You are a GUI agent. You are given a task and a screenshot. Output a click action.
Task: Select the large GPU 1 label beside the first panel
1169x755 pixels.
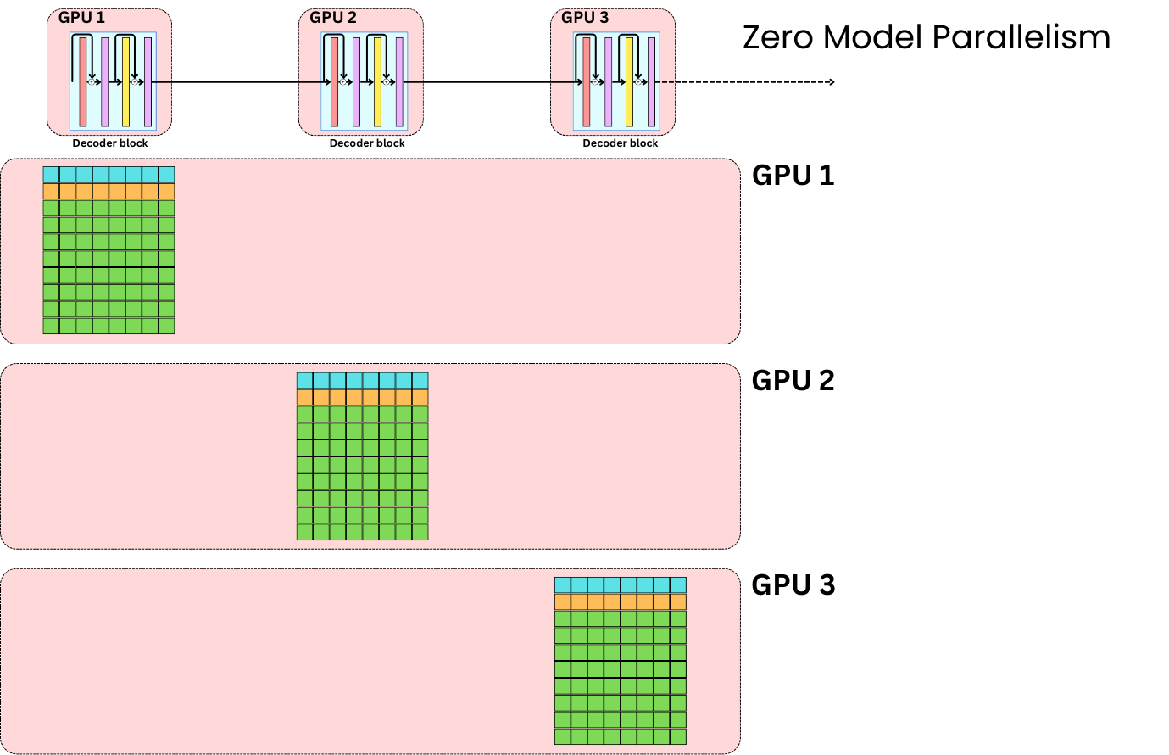click(x=793, y=176)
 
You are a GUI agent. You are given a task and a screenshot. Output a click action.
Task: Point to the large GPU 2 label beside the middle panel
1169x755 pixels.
click(x=793, y=381)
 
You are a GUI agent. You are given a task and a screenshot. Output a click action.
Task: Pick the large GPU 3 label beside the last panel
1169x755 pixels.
click(x=793, y=585)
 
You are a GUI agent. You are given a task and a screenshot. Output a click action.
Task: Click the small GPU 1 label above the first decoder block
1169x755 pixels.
click(x=81, y=18)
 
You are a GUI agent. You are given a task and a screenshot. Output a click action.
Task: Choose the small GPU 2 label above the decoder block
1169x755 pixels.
click(x=333, y=18)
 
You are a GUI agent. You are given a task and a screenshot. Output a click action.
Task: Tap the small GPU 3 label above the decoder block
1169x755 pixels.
click(x=585, y=18)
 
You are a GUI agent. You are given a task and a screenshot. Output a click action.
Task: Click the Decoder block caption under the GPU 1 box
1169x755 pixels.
click(x=110, y=143)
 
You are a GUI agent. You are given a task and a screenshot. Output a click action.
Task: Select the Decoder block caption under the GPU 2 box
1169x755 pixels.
click(x=367, y=143)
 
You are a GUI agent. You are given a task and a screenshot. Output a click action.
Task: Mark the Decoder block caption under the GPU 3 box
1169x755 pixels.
click(x=620, y=143)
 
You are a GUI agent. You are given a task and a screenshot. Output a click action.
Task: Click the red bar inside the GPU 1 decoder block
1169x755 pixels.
click(x=83, y=82)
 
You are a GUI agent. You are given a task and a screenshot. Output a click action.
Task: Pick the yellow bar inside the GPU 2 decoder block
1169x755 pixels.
click(x=377, y=82)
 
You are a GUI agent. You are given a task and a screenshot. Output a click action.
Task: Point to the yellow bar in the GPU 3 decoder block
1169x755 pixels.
click(x=629, y=82)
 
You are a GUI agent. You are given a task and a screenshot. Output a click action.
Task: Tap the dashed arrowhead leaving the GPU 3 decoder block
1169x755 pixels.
click(x=832, y=82)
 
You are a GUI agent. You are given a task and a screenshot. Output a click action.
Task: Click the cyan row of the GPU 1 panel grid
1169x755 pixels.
click(x=109, y=175)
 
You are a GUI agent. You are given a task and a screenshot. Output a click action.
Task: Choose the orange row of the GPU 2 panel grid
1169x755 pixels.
click(x=362, y=398)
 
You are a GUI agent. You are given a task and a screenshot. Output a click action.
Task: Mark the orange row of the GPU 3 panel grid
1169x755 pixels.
click(x=620, y=602)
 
